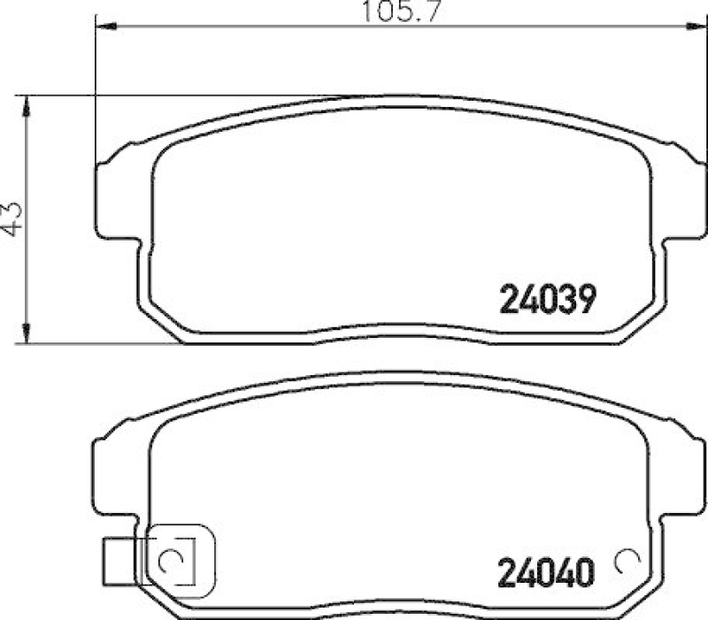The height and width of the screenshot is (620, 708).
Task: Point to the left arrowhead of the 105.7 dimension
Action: (x=103, y=27)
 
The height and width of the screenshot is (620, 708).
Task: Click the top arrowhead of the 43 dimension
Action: (x=29, y=104)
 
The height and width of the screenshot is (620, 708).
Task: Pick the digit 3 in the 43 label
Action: (x=12, y=206)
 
